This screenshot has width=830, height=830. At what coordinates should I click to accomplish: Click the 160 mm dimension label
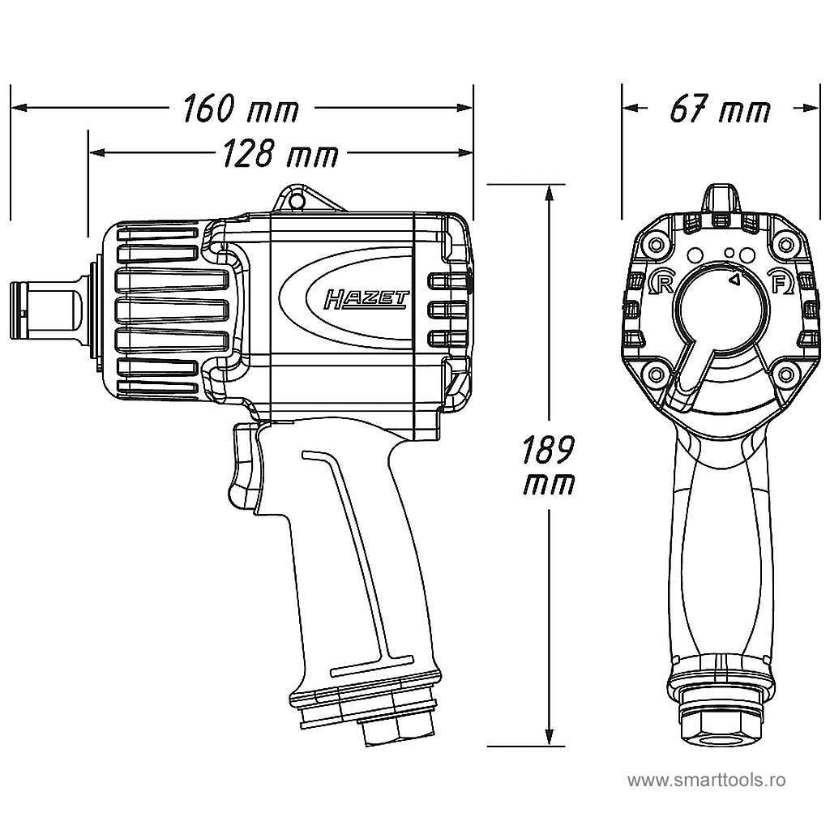tap(241, 109)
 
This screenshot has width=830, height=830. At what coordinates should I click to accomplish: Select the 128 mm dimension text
tap(280, 152)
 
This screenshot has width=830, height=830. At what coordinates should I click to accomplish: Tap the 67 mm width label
tap(720, 109)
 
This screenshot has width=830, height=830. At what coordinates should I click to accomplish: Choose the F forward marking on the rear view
tap(780, 283)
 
